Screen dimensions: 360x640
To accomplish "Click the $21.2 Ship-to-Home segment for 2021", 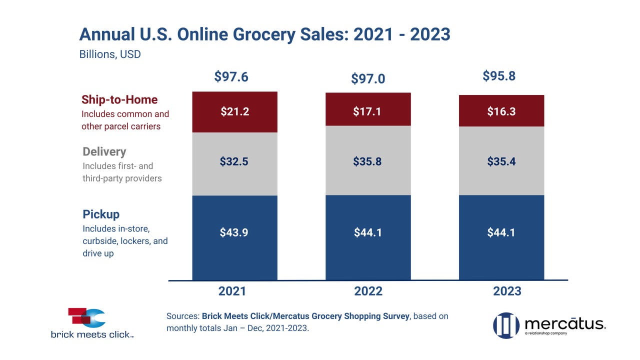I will (234, 111).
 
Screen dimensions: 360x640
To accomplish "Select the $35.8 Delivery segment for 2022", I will (368, 161).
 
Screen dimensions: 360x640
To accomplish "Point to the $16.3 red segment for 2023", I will (501, 110).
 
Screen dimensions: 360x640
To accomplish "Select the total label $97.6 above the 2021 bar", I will (231, 76).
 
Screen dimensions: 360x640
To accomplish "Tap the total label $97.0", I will (368, 78).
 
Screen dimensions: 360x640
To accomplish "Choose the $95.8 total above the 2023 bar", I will (499, 76).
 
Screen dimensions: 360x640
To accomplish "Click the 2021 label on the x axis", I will (232, 291).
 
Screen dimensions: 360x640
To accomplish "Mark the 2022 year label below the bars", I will (368, 291).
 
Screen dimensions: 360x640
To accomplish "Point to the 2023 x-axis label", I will (507, 291).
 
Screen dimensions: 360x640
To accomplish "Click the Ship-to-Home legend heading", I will (119, 100).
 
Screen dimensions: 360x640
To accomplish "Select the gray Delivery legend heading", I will (104, 151).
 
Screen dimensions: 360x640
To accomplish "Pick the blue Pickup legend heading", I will (101, 214).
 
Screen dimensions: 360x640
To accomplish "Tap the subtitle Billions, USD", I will (110, 54).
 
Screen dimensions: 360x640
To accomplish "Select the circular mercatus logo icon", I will (506, 325).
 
